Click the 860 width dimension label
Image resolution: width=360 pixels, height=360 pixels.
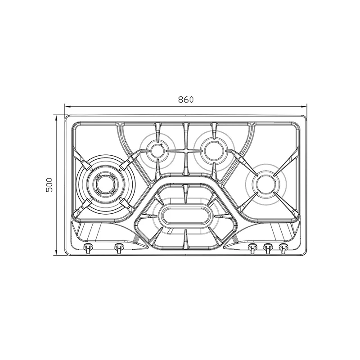[186, 99]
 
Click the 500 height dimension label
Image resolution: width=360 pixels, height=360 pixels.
[49, 185]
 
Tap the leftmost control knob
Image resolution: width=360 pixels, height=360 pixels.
[88, 248]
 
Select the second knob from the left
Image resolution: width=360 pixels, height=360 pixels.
[119, 248]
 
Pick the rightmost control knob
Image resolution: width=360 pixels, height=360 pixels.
[283, 248]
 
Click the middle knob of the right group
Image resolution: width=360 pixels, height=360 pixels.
[268, 248]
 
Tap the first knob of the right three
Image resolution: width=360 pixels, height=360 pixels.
[252, 248]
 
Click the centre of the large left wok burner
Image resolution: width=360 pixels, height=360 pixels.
[105, 184]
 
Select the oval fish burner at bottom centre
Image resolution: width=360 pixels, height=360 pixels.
[186, 215]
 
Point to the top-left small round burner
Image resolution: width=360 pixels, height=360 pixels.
[158, 151]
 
